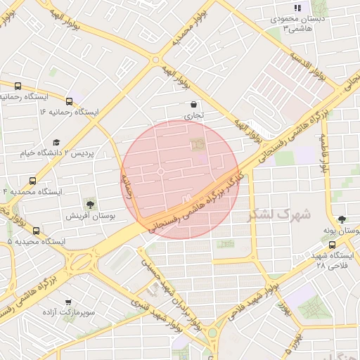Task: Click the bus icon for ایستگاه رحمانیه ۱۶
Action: point(69,101)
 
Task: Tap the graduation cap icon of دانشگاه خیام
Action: point(56,142)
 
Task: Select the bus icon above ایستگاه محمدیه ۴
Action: point(32,181)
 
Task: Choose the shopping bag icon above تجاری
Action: point(193,105)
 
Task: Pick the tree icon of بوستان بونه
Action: point(342,219)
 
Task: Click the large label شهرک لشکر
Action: point(278,214)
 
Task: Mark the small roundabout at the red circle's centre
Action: point(161,172)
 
